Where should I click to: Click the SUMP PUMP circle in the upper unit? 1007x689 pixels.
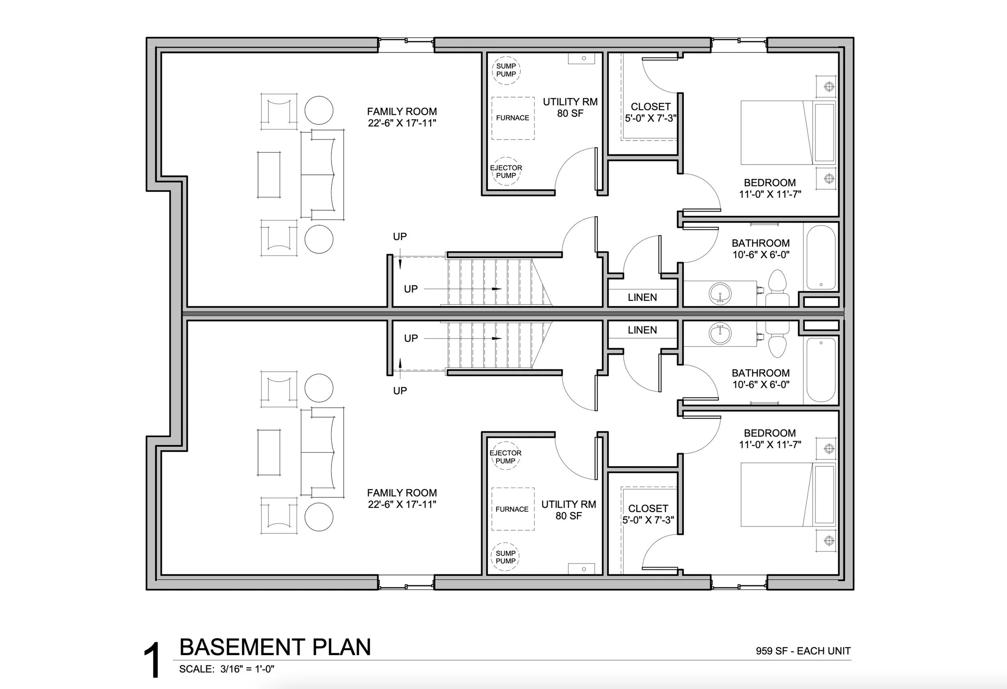pyautogui.click(x=506, y=70)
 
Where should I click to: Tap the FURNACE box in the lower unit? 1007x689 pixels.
pyautogui.click(x=513, y=509)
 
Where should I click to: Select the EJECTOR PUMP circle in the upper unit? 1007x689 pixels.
pyautogui.click(x=506, y=171)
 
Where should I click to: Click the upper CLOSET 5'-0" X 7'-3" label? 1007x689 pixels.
pyautogui.click(x=651, y=112)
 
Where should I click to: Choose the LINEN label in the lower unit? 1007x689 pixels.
pyautogui.click(x=642, y=330)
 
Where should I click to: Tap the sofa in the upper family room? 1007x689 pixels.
pyautogui.click(x=322, y=174)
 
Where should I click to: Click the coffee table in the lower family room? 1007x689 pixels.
pyautogui.click(x=269, y=452)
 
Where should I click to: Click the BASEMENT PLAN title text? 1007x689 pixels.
pyautogui.click(x=275, y=648)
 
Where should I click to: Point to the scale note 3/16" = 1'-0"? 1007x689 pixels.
pyautogui.click(x=247, y=669)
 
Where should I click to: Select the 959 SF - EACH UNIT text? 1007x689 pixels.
pyautogui.click(x=803, y=651)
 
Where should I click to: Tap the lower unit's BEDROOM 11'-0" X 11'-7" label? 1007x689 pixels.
pyautogui.click(x=769, y=438)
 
